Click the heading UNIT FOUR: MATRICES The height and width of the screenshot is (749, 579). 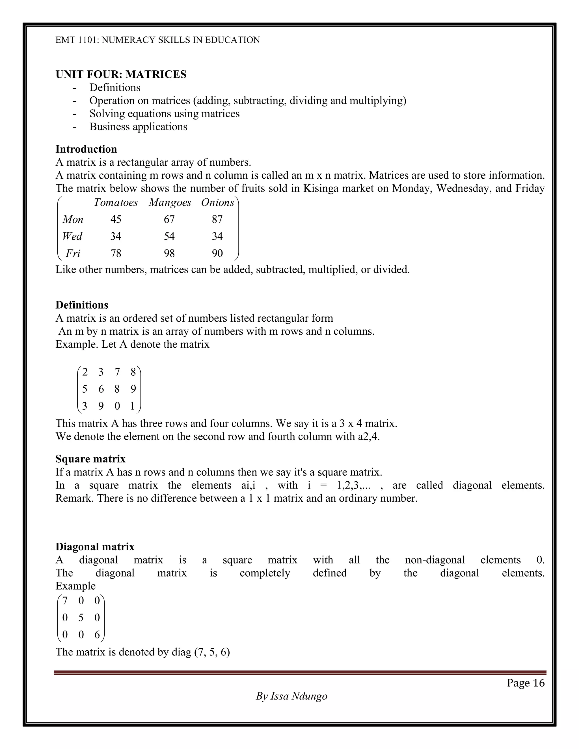[121, 74]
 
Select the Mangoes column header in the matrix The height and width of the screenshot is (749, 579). [170, 203]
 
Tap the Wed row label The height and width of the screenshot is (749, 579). [72, 236]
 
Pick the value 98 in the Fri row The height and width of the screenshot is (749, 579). [169, 254]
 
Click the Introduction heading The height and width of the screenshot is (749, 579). [86, 149]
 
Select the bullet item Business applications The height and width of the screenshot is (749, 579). [138, 127]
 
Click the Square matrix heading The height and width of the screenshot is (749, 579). [90, 459]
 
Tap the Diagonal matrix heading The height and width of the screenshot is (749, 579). [95, 547]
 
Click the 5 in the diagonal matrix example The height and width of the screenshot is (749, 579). [81, 618]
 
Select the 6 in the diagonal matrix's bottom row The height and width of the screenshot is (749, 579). [97, 635]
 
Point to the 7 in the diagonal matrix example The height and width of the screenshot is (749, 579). [65, 601]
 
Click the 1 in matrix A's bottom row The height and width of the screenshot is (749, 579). [133, 406]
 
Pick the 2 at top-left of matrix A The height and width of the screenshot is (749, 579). [85, 372]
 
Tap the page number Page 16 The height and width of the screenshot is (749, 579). [526, 683]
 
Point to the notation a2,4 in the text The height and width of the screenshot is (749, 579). [368, 437]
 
